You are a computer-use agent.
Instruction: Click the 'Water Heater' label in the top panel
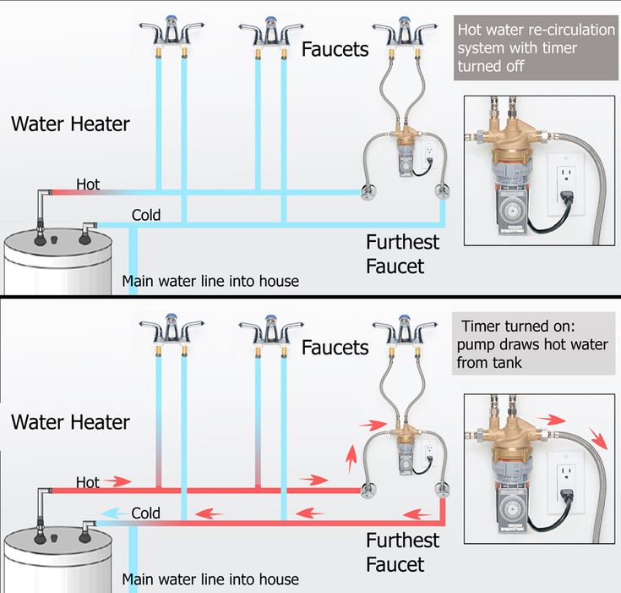[70, 124]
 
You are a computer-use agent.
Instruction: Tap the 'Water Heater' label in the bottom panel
[70, 422]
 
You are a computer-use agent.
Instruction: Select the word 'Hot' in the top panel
[88, 184]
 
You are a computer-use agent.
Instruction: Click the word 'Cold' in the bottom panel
[145, 513]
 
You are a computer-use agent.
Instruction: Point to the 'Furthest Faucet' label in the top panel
[402, 254]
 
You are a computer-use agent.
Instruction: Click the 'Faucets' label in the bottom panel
[335, 348]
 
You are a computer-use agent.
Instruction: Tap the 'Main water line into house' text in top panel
[210, 281]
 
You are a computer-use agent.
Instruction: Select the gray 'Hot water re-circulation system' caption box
[536, 48]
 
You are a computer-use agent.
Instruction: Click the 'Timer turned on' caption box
[533, 344]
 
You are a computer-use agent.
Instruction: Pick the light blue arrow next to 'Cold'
[115, 513]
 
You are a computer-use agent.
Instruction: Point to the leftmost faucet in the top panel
[171, 34]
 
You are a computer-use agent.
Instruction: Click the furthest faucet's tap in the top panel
[405, 34]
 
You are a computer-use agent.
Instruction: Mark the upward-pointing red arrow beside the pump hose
[351, 458]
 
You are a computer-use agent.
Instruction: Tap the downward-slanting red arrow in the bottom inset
[598, 439]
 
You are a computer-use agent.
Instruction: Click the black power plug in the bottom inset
[564, 495]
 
